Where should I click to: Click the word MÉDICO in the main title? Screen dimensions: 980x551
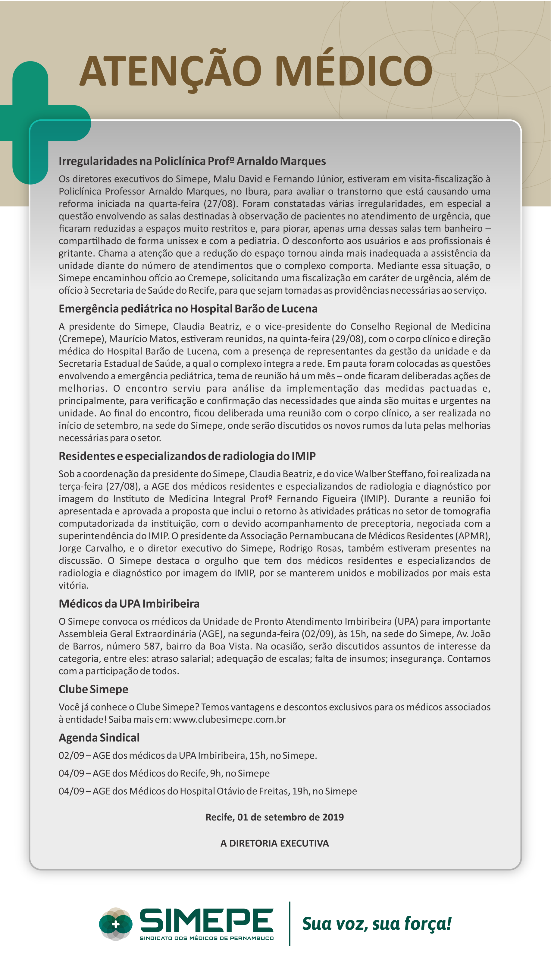(x=353, y=71)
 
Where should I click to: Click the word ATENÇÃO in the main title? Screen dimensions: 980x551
(x=170, y=71)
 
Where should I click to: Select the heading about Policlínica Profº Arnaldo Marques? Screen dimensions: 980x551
(x=192, y=161)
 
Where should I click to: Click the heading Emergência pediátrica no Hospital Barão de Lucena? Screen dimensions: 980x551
(x=188, y=308)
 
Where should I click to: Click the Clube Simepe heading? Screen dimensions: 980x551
(x=93, y=689)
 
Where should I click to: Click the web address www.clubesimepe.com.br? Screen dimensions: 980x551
(x=229, y=719)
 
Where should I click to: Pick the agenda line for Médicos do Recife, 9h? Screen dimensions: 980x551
(x=164, y=773)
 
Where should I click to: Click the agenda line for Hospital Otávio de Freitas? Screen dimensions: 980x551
(x=208, y=791)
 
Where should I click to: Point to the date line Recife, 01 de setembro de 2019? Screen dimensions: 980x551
(x=274, y=817)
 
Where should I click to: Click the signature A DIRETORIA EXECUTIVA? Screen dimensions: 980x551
(x=274, y=843)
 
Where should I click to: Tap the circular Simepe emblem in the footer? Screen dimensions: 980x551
(x=115, y=924)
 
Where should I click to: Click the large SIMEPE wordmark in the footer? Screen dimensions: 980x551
(x=206, y=920)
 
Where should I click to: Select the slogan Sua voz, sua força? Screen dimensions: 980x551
(x=377, y=923)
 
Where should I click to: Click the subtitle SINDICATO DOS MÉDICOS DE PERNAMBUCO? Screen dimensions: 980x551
(x=206, y=938)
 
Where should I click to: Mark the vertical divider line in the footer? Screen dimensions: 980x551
(x=290, y=923)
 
